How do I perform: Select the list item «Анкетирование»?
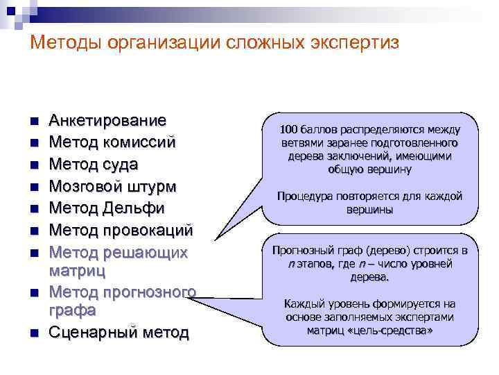(x=107, y=121)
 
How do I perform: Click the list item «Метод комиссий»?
(x=112, y=142)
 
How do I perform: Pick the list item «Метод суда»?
(x=94, y=165)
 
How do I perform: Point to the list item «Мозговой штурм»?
(x=112, y=186)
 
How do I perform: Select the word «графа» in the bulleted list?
(x=72, y=309)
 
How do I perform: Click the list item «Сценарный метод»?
(x=119, y=332)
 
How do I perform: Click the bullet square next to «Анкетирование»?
(x=33, y=122)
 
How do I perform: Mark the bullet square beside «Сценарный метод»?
(x=33, y=333)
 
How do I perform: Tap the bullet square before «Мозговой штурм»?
(x=33, y=187)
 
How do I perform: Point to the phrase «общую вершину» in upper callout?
(x=370, y=169)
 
